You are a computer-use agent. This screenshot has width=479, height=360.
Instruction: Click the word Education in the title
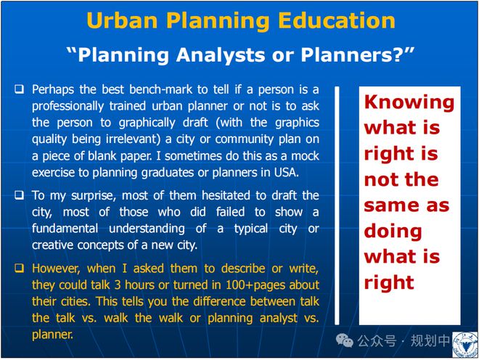tap(337, 20)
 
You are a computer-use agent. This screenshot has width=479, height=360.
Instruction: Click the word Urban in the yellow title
tap(122, 20)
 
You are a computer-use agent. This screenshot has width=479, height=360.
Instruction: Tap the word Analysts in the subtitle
tap(221, 56)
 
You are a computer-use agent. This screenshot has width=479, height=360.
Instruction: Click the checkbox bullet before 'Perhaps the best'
tap(20, 89)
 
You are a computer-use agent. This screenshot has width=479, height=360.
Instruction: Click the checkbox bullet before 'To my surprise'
tap(20, 195)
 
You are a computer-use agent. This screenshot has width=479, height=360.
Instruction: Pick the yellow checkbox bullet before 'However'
tap(20, 268)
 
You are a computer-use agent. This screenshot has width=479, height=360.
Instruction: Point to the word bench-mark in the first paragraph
tap(161, 89)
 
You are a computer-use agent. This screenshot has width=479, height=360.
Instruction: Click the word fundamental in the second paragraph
tap(65, 229)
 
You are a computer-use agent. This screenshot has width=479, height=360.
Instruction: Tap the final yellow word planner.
tap(52, 335)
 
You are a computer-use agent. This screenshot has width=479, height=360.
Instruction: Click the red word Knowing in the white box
tap(409, 102)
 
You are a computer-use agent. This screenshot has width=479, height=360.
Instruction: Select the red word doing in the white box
tap(393, 231)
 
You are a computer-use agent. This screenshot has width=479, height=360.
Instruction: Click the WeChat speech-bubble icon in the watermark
tap(345, 340)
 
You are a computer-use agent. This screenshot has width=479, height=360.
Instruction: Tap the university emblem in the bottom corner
tap(465, 345)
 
